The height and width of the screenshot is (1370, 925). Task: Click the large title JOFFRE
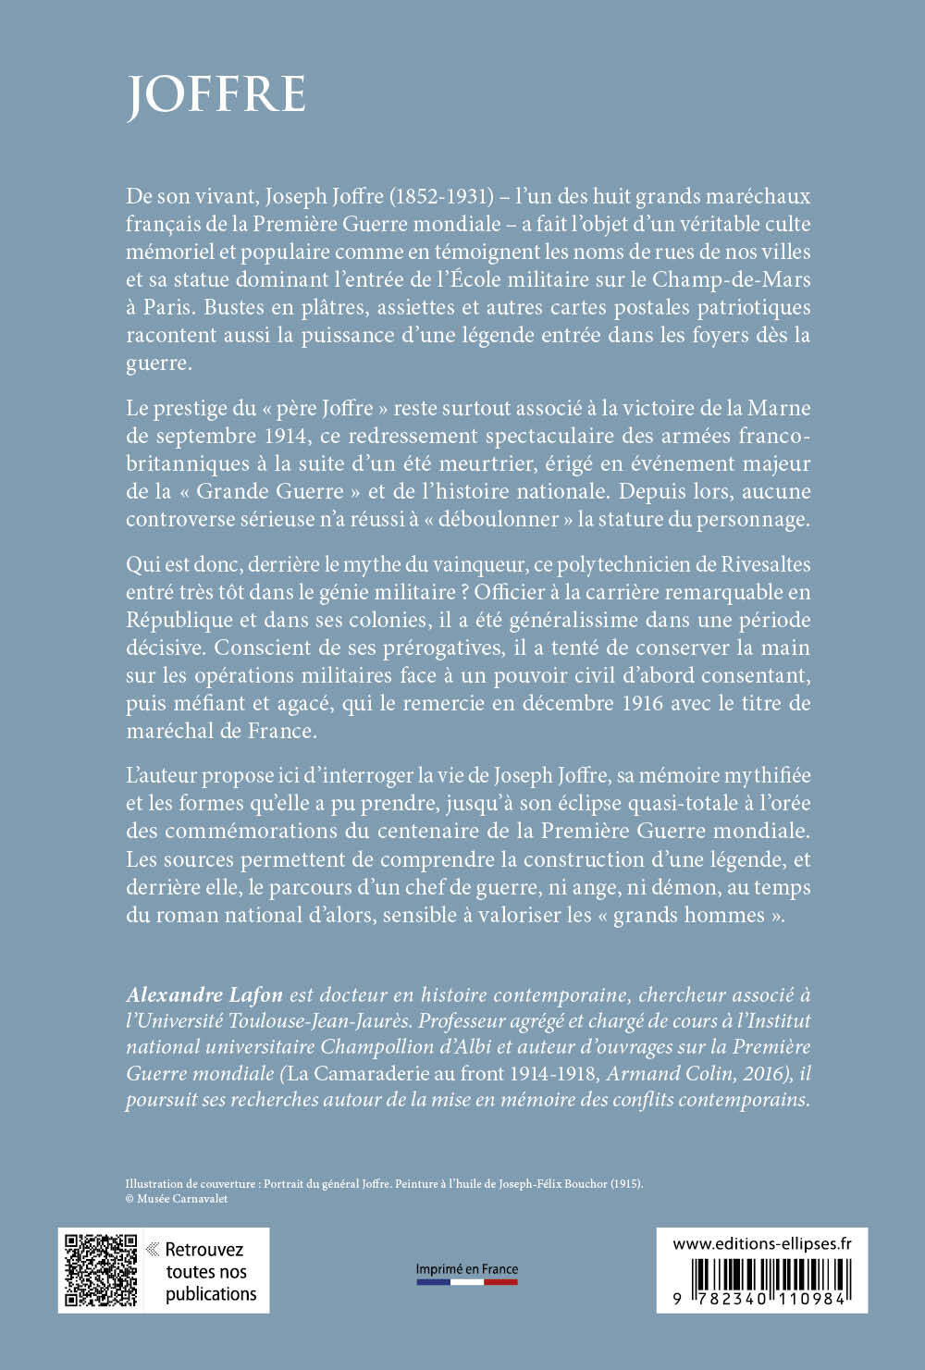tap(216, 94)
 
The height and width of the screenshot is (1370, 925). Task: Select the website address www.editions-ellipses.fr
tap(762, 1244)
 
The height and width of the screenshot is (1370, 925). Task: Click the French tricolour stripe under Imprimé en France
tap(466, 1282)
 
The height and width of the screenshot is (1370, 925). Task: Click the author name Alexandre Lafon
tap(205, 994)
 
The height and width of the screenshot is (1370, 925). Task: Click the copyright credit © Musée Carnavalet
tap(176, 1199)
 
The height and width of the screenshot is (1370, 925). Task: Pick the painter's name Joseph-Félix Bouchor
tap(553, 1183)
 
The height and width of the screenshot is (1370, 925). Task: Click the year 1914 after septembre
tap(286, 436)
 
